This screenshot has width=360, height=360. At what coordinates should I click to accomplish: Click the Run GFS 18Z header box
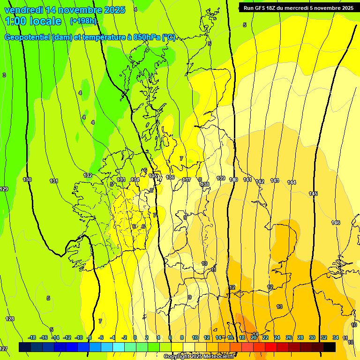[x=299, y=7]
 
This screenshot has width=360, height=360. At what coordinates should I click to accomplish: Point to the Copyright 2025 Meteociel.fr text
[x=199, y=357]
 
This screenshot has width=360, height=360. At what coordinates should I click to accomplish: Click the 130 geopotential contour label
[x=27, y=180]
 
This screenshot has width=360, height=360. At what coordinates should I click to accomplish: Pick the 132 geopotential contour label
[x=88, y=175]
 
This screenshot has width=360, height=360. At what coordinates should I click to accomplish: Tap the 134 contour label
[x=135, y=180]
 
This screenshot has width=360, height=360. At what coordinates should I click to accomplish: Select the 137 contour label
[x=187, y=180]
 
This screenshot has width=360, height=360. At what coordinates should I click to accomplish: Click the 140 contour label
[x=234, y=180]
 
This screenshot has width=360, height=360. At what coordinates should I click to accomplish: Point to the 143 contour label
[x=275, y=180]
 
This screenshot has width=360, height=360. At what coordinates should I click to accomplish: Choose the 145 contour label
[x=313, y=194]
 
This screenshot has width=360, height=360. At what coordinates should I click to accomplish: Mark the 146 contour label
[x=336, y=223]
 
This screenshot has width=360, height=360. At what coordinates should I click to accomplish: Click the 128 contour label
[x=10, y=319]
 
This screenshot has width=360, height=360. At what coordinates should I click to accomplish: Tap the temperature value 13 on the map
[x=279, y=307]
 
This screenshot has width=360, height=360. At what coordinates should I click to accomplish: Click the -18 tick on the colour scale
[x=32, y=337]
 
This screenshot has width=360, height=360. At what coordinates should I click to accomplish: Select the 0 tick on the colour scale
[x=135, y=337]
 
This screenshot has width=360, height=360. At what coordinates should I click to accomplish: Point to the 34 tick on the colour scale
[x=336, y=337]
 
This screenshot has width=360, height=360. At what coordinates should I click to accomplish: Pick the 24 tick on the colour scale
[x=277, y=337]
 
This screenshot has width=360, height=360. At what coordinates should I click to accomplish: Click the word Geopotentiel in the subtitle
[x=28, y=37]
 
